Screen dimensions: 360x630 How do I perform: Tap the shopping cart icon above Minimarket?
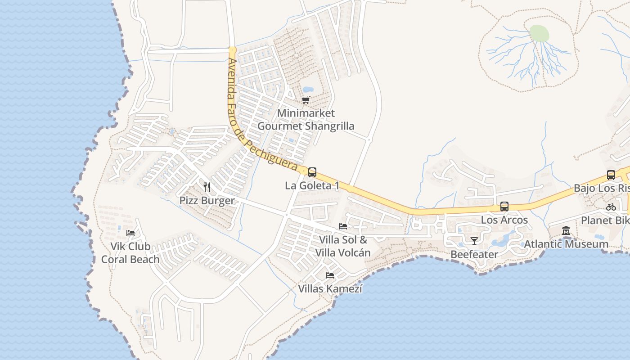pos(306,100)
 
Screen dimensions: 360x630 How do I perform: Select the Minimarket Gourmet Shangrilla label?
pos(306,120)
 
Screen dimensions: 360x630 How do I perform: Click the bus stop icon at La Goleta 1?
pos(312,172)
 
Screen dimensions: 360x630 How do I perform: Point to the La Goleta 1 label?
pos(312,185)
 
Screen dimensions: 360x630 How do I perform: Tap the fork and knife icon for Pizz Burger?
pos(207,187)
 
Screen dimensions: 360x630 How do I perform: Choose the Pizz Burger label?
pos(207,201)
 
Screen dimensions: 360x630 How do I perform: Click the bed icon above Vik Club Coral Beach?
pos(130,233)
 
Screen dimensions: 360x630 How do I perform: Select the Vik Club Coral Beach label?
pos(130,253)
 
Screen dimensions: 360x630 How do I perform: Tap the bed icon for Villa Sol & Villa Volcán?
pos(343,226)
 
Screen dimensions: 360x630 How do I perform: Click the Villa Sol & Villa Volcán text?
pos(343,246)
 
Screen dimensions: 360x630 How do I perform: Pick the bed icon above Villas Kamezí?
pos(330,275)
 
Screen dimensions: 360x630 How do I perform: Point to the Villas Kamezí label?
pos(330,288)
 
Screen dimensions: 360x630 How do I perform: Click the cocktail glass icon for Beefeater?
pos(474,241)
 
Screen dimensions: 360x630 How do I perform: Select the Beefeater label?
pos(474,255)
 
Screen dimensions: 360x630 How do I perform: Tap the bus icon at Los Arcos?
pos(504,207)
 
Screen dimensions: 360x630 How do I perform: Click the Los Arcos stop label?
pos(504,220)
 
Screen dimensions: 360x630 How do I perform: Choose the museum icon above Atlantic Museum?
pos(566,231)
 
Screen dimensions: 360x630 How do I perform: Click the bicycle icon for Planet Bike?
pos(611,207)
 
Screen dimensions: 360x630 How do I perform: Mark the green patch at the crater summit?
pos(539,33)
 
